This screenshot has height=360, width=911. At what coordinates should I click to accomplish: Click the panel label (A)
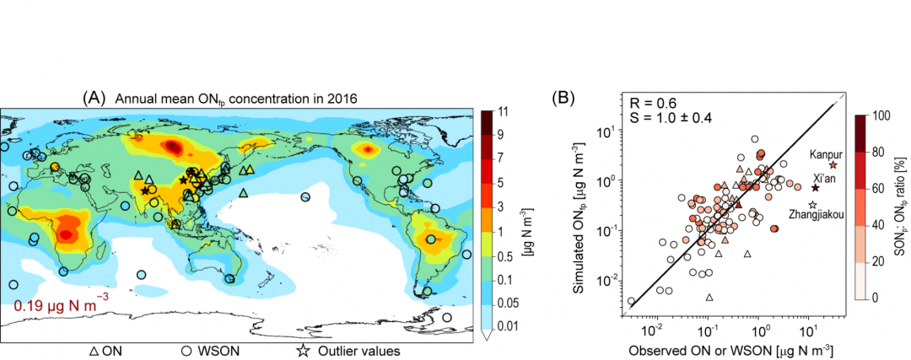(93, 97)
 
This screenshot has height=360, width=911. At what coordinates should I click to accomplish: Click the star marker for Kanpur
(833, 165)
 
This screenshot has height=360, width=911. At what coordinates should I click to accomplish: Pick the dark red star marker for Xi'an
(815, 188)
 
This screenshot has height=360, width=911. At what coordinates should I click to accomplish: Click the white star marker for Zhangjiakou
(813, 205)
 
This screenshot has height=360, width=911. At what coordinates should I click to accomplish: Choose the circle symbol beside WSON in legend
(184, 351)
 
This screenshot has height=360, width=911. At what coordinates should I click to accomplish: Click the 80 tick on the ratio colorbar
(882, 152)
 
